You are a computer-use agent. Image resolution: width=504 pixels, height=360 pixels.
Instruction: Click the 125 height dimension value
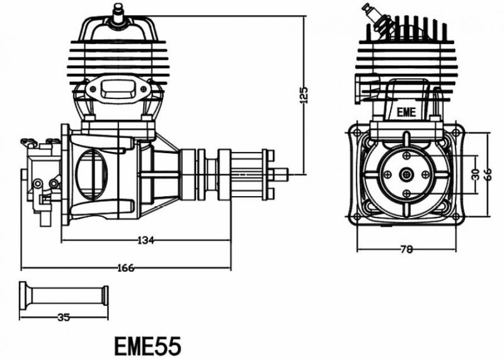pyautogui.click(x=304, y=94)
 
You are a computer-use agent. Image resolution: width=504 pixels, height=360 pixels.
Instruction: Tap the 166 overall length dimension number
pyautogui.click(x=125, y=267)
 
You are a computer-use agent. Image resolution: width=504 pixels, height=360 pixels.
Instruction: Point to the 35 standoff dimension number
pyautogui.click(x=63, y=317)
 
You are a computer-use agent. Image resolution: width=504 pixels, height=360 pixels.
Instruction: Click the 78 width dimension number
pyautogui.click(x=406, y=249)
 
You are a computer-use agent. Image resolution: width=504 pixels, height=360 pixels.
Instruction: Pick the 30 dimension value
pyautogui.click(x=476, y=173)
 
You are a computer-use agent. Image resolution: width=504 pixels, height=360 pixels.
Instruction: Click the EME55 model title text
pyautogui.click(x=148, y=345)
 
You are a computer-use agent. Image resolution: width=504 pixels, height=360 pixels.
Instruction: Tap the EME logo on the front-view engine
pyautogui.click(x=407, y=113)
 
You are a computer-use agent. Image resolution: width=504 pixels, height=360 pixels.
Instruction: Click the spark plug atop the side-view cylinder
pyautogui.click(x=116, y=13)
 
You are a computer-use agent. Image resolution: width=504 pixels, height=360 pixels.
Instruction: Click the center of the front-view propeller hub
pyautogui.click(x=407, y=174)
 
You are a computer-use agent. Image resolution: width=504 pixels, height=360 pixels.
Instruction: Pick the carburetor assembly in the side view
pyautogui.click(x=42, y=180)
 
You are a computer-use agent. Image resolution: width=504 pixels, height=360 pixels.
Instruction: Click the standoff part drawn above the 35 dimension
pyautogui.click(x=63, y=294)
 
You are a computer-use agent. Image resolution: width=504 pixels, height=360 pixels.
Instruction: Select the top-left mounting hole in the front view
pyautogui.click(x=358, y=132)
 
